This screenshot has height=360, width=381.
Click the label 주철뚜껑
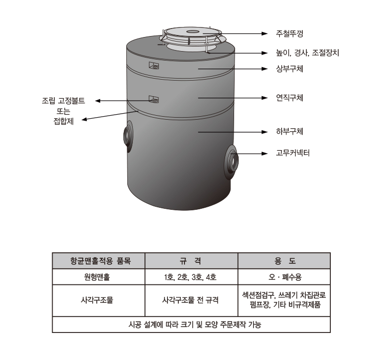[289, 34]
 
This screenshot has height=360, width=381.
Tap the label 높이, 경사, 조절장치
[307, 53]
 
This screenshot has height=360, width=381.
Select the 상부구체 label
[289, 69]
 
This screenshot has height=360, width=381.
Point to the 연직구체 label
[289, 98]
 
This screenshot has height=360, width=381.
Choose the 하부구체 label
[289, 132]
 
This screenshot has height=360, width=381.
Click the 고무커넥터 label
[293, 153]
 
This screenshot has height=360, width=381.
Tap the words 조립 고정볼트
[64, 101]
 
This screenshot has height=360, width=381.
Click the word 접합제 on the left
[64, 121]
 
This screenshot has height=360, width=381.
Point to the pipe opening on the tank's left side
[128, 136]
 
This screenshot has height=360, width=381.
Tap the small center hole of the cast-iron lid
[192, 32]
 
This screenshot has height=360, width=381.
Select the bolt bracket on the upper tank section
[154, 66]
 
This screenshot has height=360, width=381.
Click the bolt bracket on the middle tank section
[154, 99]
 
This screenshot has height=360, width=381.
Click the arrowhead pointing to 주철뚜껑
[265, 34]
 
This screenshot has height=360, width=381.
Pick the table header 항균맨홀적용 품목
[100, 261]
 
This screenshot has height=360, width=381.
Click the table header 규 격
[190, 261]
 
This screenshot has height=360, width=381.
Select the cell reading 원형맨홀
[97, 277]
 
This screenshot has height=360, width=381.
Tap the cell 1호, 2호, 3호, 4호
[190, 277]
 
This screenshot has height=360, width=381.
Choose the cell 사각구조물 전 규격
[190, 300]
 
